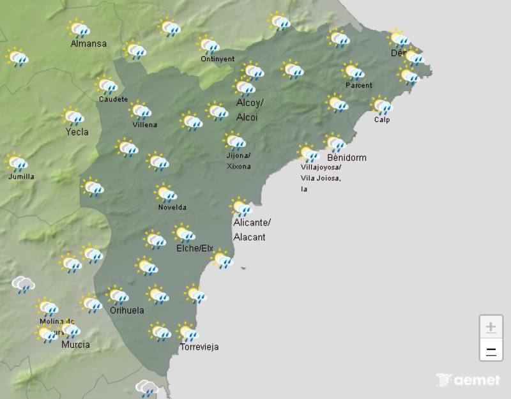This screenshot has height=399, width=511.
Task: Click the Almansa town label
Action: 89,44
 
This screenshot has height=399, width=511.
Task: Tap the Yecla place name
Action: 77,132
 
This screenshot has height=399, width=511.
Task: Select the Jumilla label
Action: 21,177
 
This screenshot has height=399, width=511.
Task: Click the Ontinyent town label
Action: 217,59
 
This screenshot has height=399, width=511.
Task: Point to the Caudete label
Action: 113,100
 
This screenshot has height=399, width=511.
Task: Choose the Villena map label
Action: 144,124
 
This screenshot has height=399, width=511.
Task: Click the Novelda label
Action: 172,207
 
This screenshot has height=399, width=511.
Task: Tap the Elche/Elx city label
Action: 194,248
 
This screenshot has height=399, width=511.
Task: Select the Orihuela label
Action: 126,310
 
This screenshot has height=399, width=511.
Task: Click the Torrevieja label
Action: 199,347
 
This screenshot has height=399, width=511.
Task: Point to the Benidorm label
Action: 346,158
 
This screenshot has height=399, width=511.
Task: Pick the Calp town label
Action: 381,120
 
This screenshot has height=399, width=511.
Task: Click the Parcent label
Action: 358,86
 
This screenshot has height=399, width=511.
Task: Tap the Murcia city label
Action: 75,345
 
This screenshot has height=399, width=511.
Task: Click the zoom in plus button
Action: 491,327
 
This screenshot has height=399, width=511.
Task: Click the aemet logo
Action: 468,380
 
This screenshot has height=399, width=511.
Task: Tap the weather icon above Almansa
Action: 79,29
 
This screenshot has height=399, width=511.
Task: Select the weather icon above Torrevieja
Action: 187,333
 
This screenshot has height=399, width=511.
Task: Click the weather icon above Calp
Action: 382,105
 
